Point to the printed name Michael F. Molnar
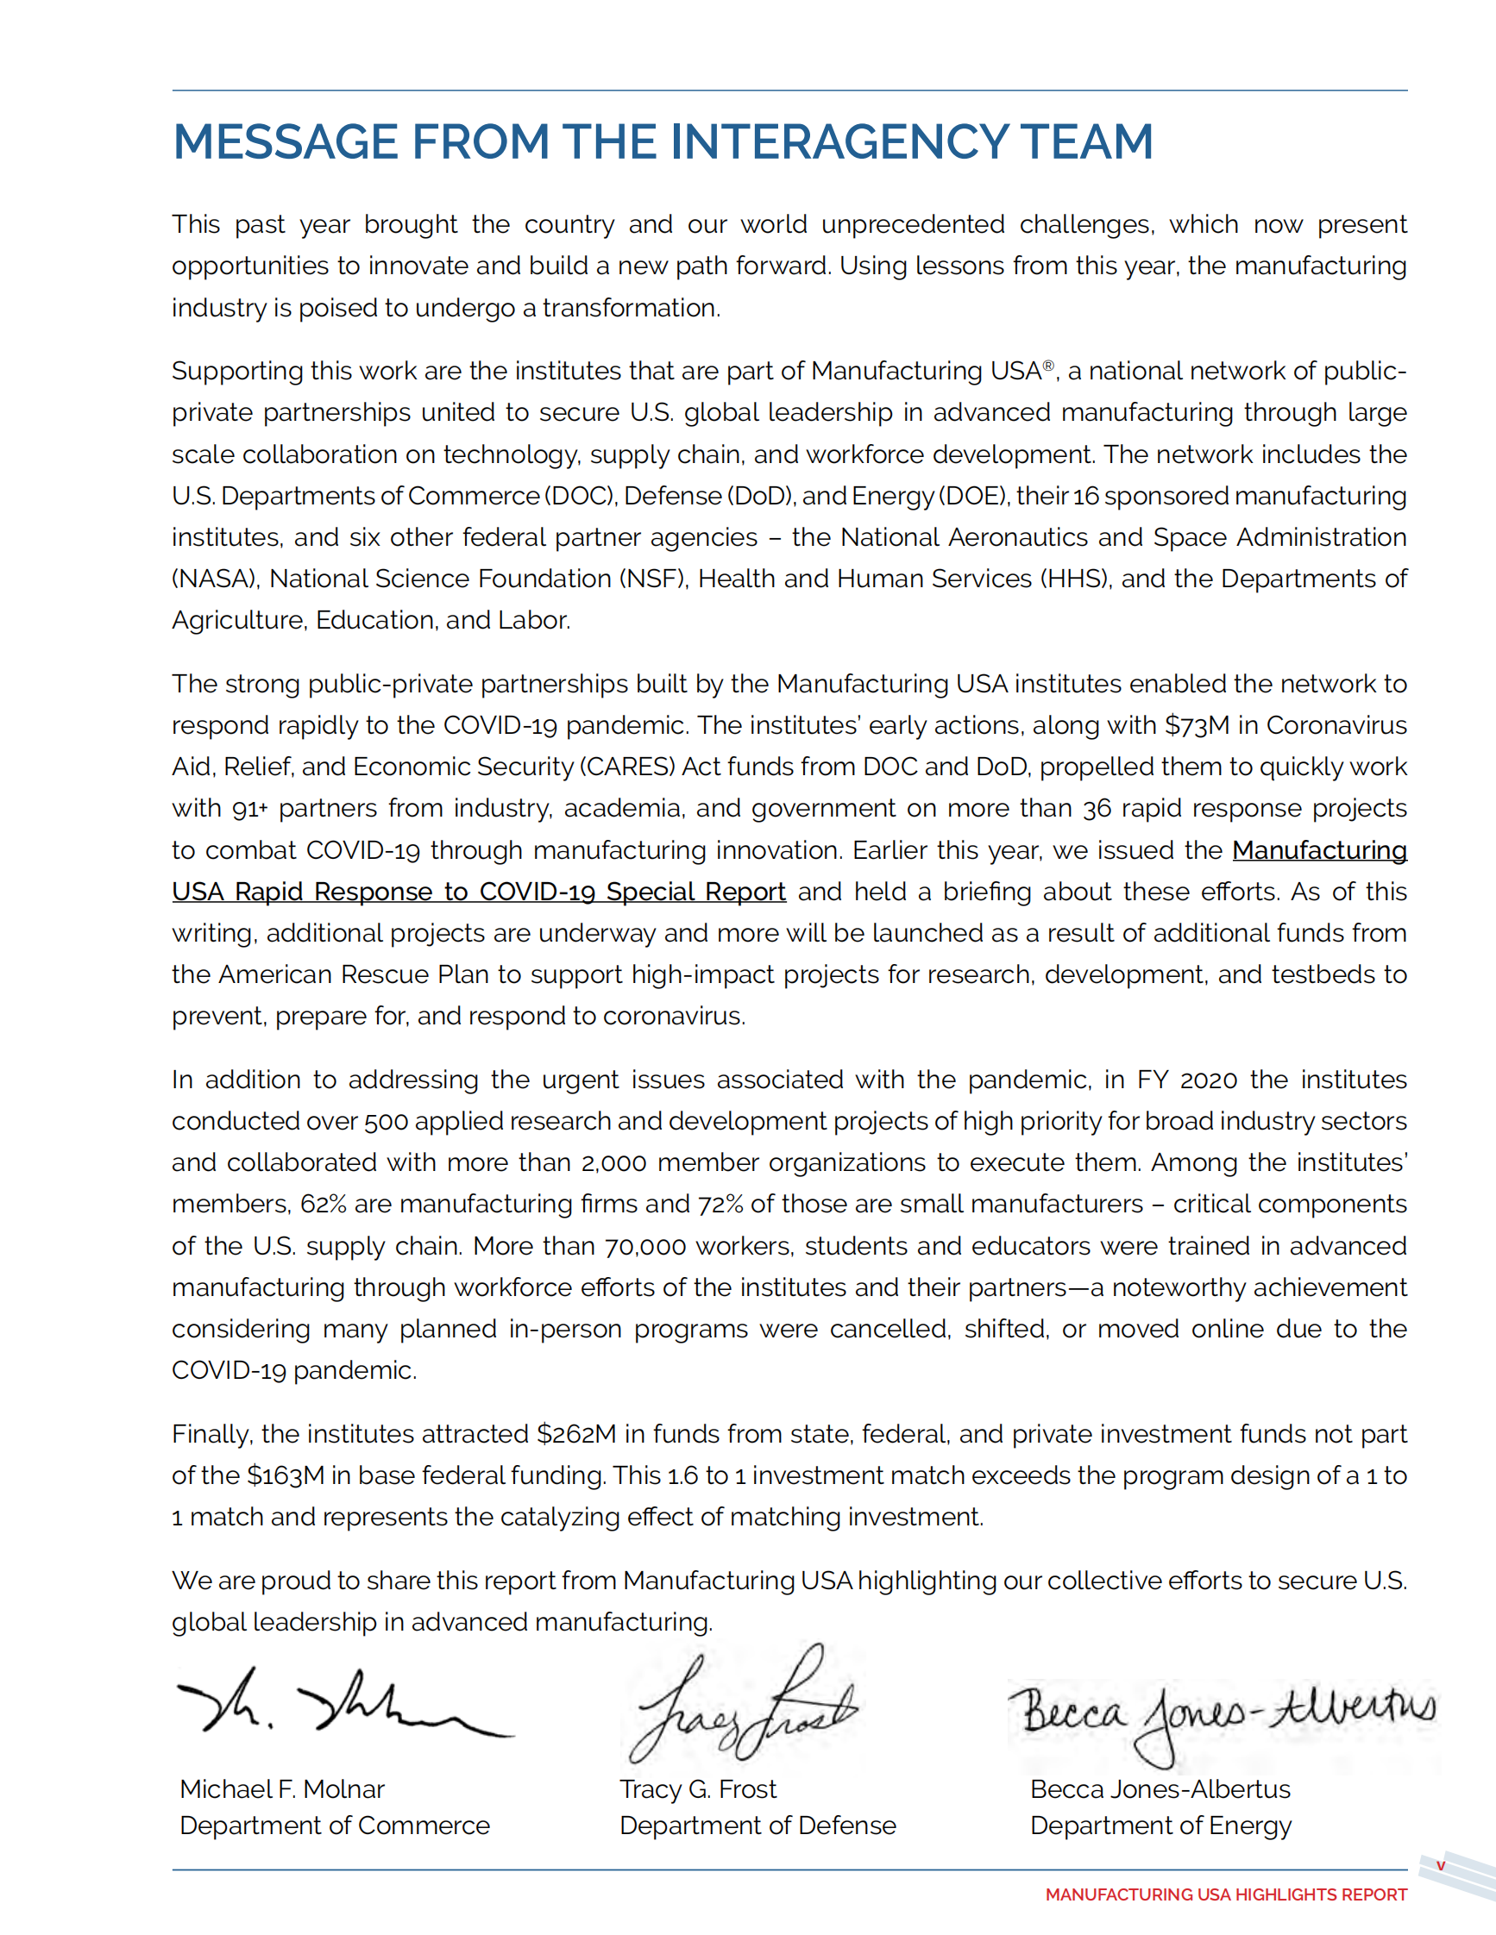(x=282, y=1789)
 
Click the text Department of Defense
(x=757, y=1826)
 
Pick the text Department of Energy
(x=1160, y=1826)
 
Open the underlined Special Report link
(x=479, y=892)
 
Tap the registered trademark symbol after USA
(x=1048, y=366)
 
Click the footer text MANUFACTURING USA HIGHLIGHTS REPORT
(x=1226, y=1895)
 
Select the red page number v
(x=1440, y=1866)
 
